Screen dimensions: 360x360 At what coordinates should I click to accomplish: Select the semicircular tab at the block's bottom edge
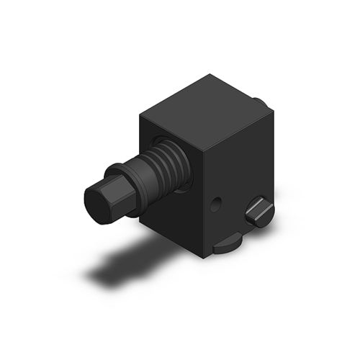[228, 246]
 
